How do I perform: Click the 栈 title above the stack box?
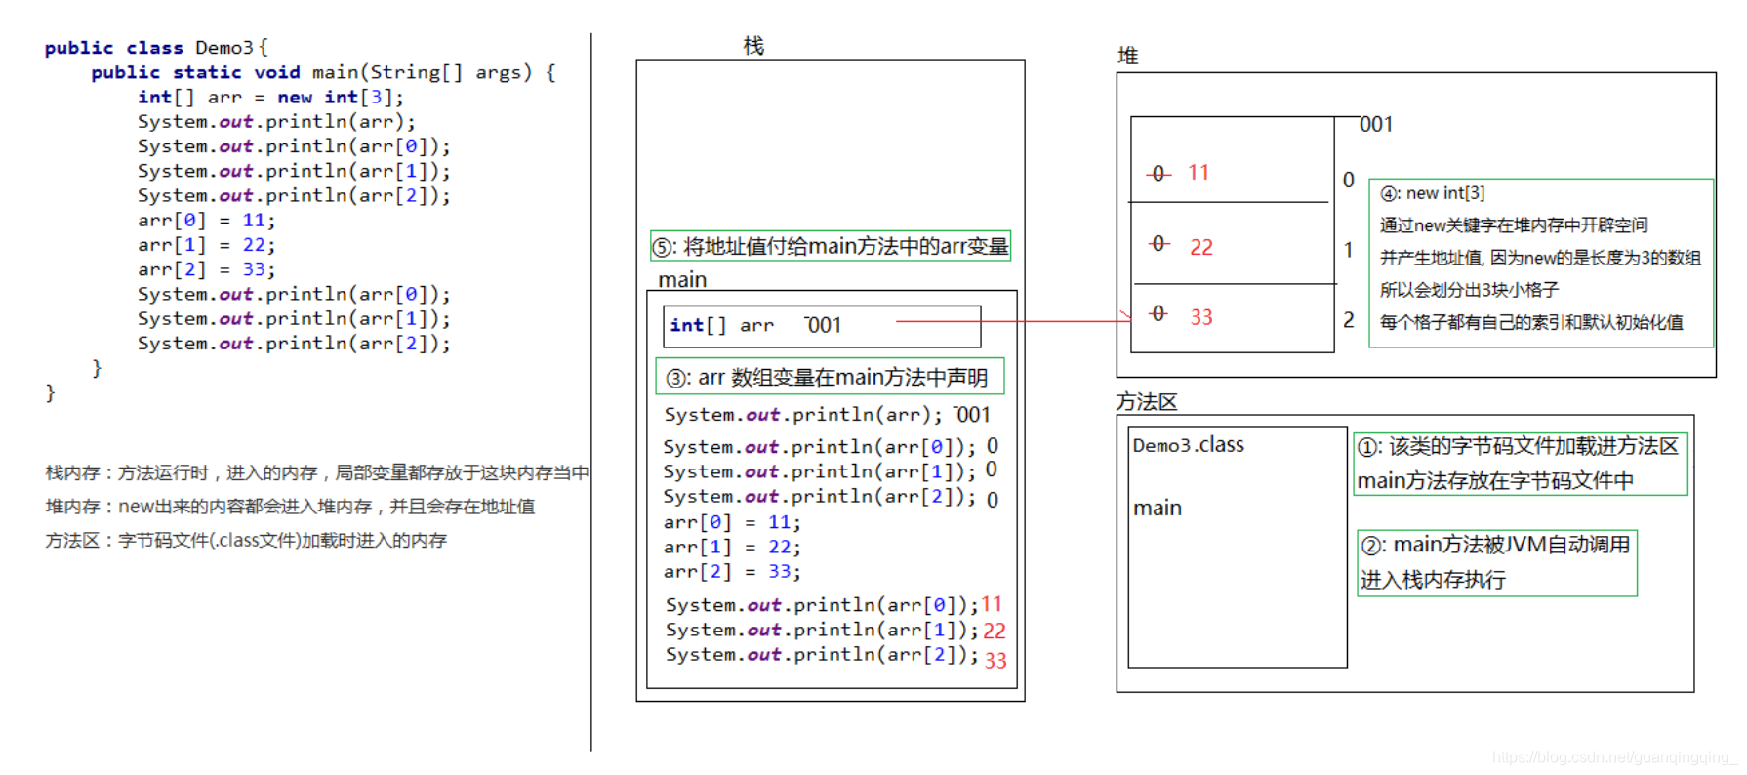click(753, 46)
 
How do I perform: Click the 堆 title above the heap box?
click(1127, 56)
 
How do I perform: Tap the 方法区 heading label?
click(1147, 402)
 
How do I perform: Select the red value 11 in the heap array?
click(1199, 173)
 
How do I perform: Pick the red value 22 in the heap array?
click(1201, 247)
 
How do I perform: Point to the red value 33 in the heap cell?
click(1201, 317)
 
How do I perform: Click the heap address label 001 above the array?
click(1376, 125)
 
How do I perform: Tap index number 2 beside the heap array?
click(1349, 320)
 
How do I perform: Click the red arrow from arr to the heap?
click(1015, 320)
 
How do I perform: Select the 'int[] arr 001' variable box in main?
click(822, 326)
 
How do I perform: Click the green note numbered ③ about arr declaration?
click(830, 378)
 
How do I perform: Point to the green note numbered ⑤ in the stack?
click(831, 246)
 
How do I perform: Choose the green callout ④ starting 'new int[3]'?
click(1540, 262)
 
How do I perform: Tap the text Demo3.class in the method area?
click(1188, 445)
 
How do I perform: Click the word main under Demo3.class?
click(1158, 508)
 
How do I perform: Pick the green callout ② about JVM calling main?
click(1496, 562)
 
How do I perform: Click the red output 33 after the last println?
click(995, 661)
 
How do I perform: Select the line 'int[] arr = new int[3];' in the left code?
click(270, 98)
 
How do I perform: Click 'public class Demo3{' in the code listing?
click(156, 48)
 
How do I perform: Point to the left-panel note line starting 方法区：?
click(246, 541)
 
